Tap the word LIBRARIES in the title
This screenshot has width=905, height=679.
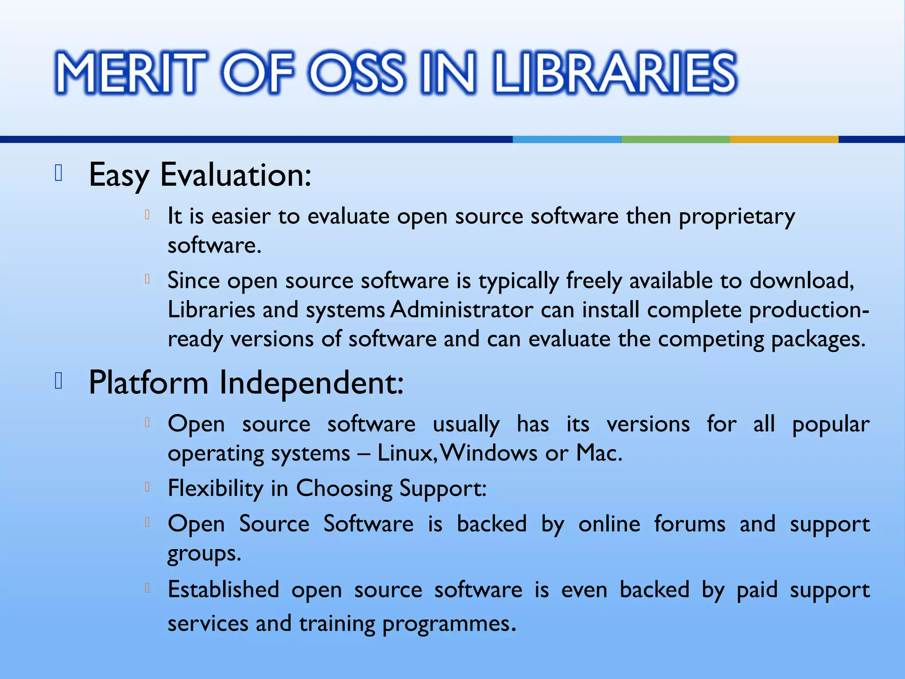click(x=615, y=72)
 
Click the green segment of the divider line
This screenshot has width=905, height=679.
click(x=675, y=139)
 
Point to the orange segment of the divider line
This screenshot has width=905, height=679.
click(x=784, y=139)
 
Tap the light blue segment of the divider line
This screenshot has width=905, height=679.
click(x=567, y=139)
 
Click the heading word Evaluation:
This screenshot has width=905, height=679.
click(x=236, y=175)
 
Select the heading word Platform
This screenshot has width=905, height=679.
click(x=148, y=383)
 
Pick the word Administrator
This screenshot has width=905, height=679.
click(x=462, y=310)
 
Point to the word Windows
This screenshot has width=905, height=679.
click(x=489, y=453)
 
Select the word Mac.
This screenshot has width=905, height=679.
click(x=599, y=453)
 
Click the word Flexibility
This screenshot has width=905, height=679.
click(x=215, y=488)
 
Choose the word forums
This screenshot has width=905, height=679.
click(x=690, y=524)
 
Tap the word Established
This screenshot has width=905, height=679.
click(x=224, y=590)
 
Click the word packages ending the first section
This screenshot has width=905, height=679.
click(x=818, y=339)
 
